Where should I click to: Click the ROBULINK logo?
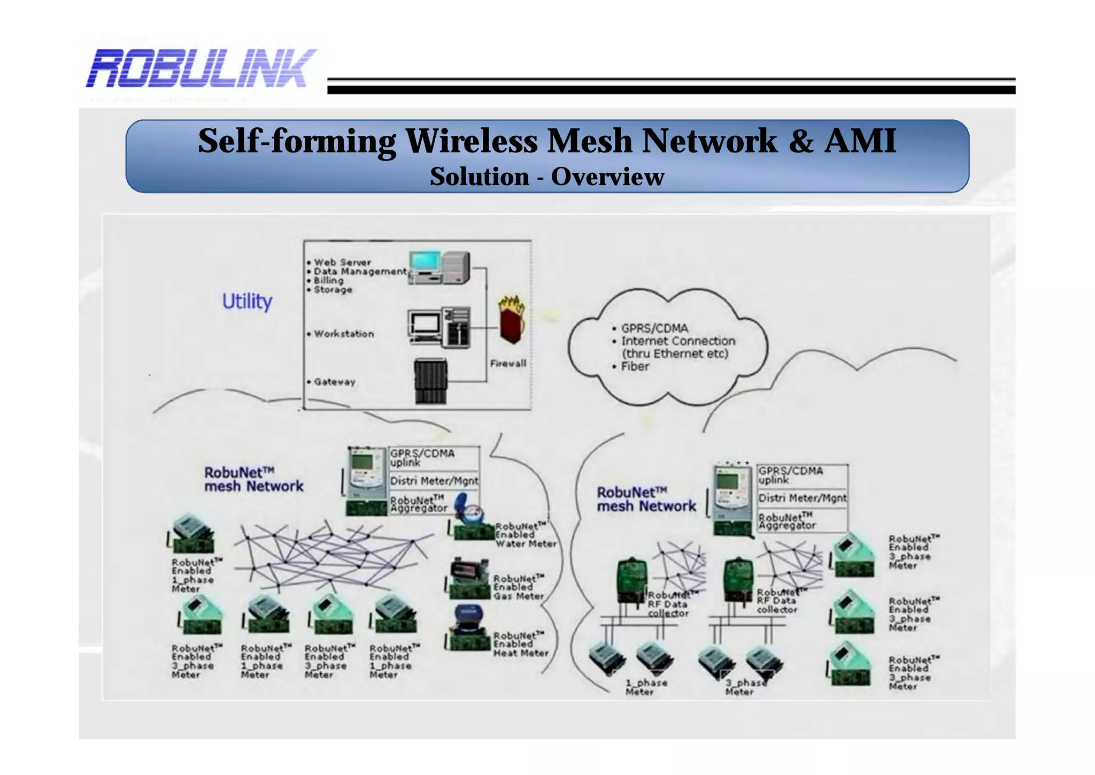(201, 68)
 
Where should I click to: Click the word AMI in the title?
(860, 141)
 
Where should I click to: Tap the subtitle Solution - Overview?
(546, 177)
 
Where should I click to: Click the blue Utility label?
(247, 301)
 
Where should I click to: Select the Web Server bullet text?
(342, 262)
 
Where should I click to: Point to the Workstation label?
(344, 334)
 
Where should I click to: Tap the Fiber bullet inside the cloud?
(635, 367)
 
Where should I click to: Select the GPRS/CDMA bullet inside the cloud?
(654, 328)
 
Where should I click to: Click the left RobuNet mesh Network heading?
(253, 479)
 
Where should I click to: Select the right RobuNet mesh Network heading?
(646, 499)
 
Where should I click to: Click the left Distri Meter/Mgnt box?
(434, 481)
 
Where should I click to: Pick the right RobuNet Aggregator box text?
(787, 521)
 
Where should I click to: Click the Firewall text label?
(508, 364)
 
